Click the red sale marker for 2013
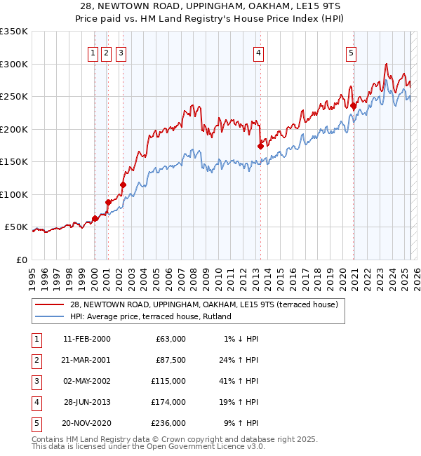pyautogui.click(x=260, y=147)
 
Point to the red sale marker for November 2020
pyautogui.click(x=354, y=106)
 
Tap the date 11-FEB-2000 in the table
pyautogui.click(x=86, y=339)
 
